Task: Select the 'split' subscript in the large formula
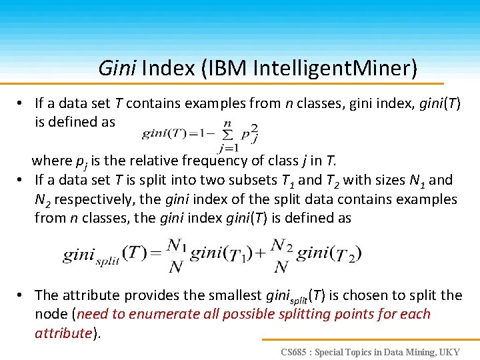pyautogui.click(x=107, y=263)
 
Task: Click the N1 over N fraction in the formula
pyautogui.click(x=176, y=256)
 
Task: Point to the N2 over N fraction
pyautogui.click(x=281, y=256)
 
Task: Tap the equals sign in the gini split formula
pyautogui.click(x=154, y=255)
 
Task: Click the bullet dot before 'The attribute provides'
pyautogui.click(x=22, y=295)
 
